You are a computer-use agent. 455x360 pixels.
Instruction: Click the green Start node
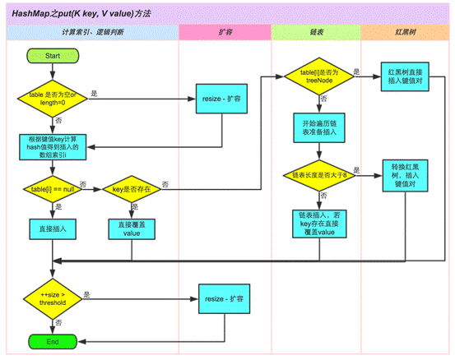tap(53, 55)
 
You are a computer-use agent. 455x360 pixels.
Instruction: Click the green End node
tap(53, 340)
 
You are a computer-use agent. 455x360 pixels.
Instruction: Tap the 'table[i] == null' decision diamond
tap(53, 189)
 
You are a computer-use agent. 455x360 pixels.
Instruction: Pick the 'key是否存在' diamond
tap(134, 189)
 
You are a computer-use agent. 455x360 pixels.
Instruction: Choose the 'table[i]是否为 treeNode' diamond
tap(316, 76)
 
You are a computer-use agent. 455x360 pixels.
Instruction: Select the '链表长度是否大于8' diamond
tap(317, 175)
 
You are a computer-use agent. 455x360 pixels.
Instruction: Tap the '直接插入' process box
tap(53, 226)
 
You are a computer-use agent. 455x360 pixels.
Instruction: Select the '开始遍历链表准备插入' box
tap(317, 127)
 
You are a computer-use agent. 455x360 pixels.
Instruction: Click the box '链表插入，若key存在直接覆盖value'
tap(317, 223)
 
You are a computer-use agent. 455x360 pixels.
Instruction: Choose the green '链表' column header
tap(315, 31)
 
